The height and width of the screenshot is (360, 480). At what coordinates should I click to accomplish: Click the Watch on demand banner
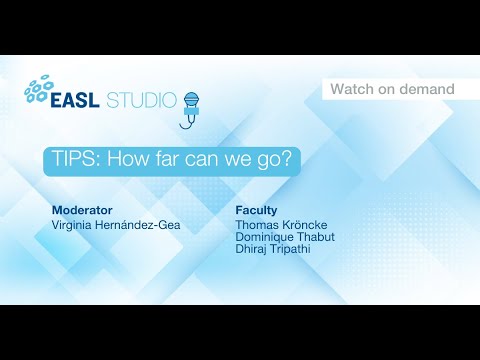pos(392,90)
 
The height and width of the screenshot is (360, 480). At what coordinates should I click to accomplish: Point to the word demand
pos(426,90)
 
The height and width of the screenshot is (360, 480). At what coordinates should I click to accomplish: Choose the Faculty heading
pos(256,211)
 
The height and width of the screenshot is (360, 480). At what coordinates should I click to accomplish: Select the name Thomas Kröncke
pos(281,226)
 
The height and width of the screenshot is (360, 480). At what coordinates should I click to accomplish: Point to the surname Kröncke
pos(305,226)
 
